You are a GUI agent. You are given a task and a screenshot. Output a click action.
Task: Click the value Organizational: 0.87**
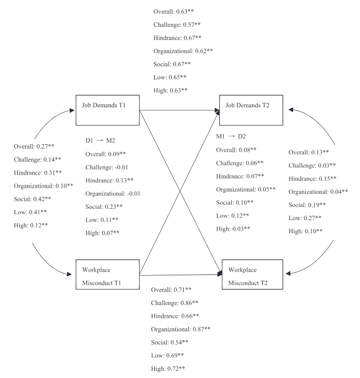(181, 329)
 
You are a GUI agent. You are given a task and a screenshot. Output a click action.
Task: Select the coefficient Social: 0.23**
(104, 206)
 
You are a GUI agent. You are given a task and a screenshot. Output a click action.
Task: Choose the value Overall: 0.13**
(309, 151)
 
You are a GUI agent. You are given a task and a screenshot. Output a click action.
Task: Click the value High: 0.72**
(169, 368)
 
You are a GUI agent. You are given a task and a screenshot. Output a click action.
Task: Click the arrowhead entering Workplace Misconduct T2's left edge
(220, 274)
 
